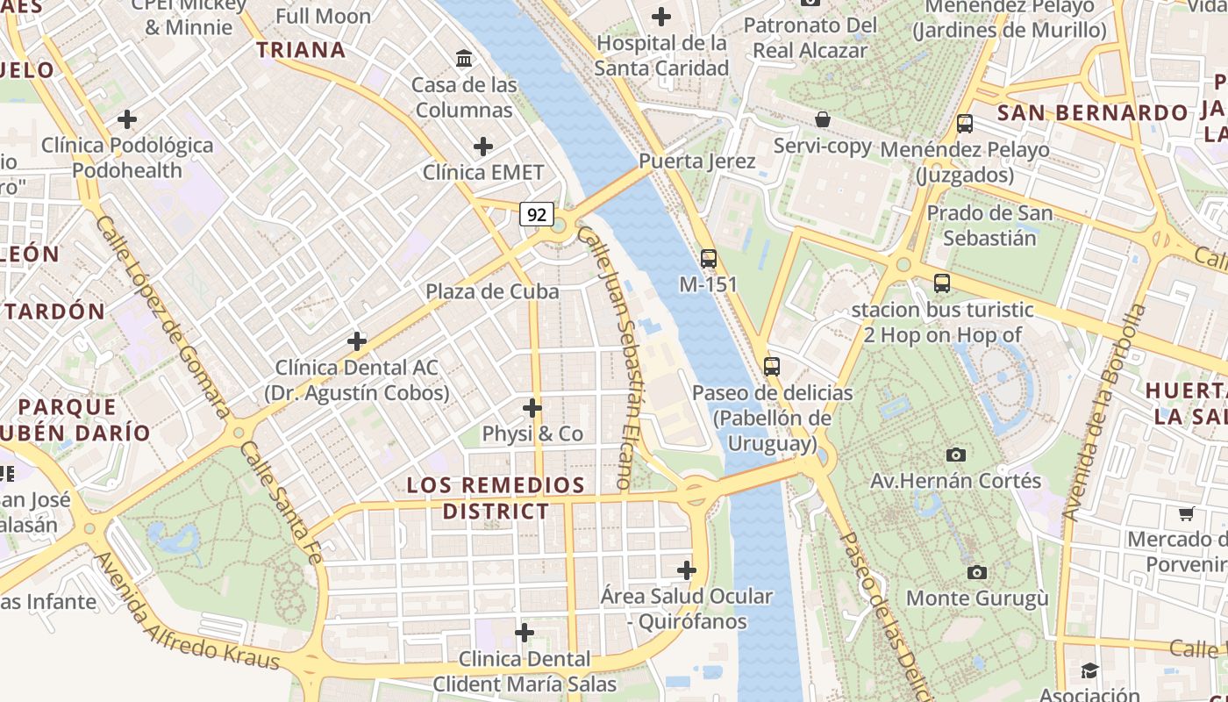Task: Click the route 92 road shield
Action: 537,213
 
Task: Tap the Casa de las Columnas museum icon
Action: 464,59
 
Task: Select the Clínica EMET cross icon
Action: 482,147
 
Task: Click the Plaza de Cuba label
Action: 492,291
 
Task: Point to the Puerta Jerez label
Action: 696,161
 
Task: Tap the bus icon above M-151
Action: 708,259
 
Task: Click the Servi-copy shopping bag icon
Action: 823,119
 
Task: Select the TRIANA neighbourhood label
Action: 301,50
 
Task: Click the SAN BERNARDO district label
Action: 1092,113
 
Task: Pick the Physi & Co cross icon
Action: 532,408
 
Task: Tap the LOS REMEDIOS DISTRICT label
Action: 496,498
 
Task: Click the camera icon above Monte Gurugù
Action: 976,573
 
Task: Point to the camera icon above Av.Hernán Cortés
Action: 956,455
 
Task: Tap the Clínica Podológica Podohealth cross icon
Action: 127,119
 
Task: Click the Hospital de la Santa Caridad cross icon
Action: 661,17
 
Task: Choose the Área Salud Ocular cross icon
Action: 687,571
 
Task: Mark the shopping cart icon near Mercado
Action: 1187,513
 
